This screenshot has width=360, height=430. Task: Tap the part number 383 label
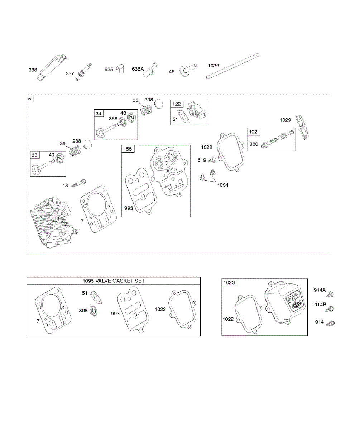[33, 70]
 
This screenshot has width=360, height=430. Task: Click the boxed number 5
[30, 98]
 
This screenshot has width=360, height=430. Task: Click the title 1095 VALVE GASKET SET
[114, 281]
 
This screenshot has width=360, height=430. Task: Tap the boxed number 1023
[229, 283]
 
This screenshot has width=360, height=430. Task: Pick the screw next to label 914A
[331, 294]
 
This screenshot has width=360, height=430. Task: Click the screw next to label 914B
[331, 309]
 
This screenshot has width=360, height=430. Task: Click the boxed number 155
[128, 149]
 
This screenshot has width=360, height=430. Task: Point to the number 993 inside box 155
[129, 208]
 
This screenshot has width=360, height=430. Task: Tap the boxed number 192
[253, 132]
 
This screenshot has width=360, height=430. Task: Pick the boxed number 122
[177, 104]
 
